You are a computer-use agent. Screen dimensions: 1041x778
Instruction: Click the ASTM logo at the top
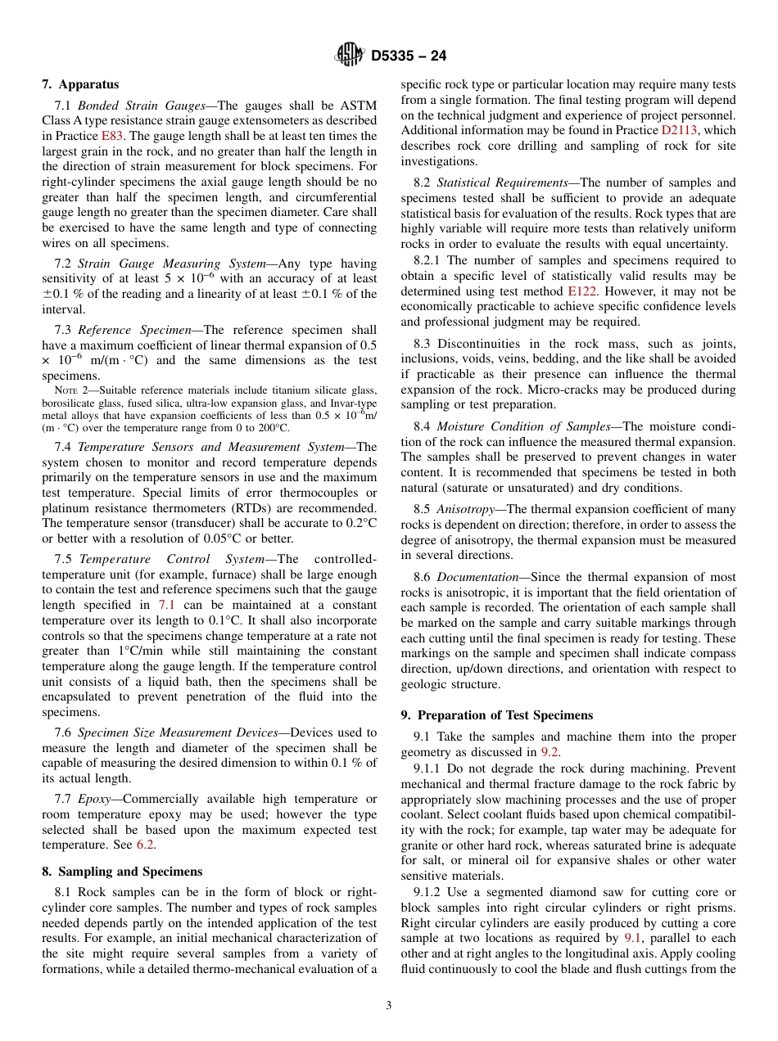pyautogui.click(x=350, y=56)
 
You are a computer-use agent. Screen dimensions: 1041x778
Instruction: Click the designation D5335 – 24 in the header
pyautogui.click(x=409, y=56)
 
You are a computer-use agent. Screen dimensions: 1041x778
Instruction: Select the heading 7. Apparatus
pyautogui.click(x=80, y=84)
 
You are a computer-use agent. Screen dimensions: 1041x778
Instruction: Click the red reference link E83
pyautogui.click(x=111, y=136)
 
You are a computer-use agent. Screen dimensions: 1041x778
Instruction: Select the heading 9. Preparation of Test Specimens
pyautogui.click(x=497, y=714)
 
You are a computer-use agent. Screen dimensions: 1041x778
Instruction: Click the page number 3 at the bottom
pyautogui.click(x=389, y=1005)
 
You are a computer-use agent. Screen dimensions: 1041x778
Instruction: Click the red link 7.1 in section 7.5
pyautogui.click(x=166, y=605)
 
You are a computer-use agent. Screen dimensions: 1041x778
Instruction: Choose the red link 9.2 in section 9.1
pyautogui.click(x=550, y=751)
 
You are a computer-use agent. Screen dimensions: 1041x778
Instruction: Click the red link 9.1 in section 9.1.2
pyautogui.click(x=634, y=938)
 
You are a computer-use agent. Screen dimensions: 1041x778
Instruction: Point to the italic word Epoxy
pyautogui.click(x=94, y=798)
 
